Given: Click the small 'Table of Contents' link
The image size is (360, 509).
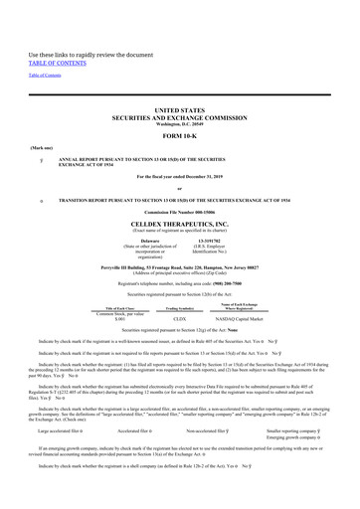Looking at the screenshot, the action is tap(45, 76).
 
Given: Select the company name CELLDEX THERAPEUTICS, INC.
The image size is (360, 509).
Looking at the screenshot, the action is tap(179, 224).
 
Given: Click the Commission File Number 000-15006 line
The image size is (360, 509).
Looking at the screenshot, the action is tap(179, 214).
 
